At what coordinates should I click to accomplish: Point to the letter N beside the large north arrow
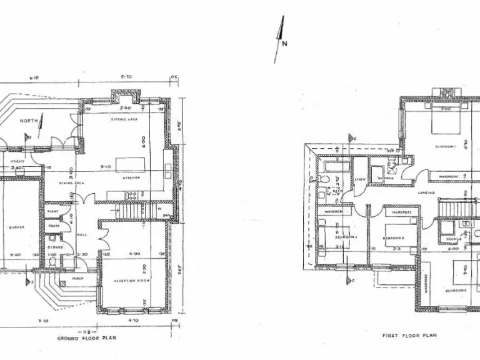(x=284, y=43)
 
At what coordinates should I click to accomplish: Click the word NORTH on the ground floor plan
(x=27, y=121)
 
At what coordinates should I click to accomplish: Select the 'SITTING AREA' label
(x=124, y=119)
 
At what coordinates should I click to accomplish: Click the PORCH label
(x=78, y=278)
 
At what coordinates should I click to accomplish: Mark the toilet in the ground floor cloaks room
(x=53, y=262)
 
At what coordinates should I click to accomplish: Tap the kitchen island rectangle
(x=130, y=164)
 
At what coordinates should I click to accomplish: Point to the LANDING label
(x=427, y=192)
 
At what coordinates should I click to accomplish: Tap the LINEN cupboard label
(x=359, y=179)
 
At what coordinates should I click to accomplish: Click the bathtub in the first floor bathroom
(x=332, y=166)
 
